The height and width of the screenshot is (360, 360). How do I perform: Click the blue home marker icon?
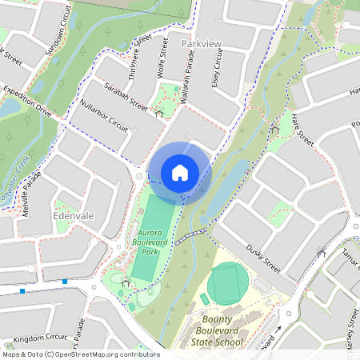pos(179,173)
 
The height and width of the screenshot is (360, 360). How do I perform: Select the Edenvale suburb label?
pos(74,216)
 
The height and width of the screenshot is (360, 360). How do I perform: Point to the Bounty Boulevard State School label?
pos(217,331)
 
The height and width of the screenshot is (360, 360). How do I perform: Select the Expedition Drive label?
pos(27,102)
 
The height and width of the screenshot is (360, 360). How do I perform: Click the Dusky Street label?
pos(264,258)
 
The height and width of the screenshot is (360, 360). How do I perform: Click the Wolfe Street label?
pos(164,54)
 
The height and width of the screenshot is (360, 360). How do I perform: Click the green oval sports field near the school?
pos(229,283)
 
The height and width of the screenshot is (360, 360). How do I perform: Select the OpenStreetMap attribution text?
pos(81,354)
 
